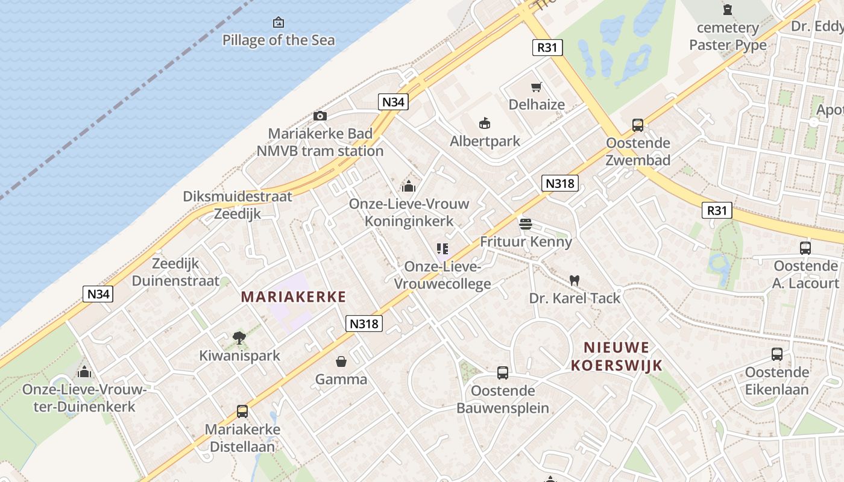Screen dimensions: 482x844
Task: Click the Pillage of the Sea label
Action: pos(279,40)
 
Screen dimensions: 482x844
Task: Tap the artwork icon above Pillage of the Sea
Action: pos(279,23)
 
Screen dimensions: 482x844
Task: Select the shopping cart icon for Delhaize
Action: pos(537,87)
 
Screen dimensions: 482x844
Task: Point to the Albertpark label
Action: pos(485,142)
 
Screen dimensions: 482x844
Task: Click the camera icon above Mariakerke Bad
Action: pos(320,116)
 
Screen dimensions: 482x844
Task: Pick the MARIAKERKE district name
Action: pos(294,296)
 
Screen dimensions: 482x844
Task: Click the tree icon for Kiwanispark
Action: pos(239,338)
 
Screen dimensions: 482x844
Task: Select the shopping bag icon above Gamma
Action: pos(341,361)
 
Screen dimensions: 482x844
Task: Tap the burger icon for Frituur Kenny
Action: pos(526,224)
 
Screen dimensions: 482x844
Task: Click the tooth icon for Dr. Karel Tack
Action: pos(575,280)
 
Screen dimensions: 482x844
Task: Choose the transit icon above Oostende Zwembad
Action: pos(638,125)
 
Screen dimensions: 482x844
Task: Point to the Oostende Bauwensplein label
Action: pos(503,399)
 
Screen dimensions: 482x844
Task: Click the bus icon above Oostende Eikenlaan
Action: pos(777,354)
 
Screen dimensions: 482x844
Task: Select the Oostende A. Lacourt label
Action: pos(806,275)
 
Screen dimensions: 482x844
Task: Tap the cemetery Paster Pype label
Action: pos(728,36)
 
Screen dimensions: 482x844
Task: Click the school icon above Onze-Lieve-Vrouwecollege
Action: pos(442,249)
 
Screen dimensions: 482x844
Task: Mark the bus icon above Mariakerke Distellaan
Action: pos(242,412)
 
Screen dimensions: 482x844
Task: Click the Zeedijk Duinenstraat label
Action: pos(175,272)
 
